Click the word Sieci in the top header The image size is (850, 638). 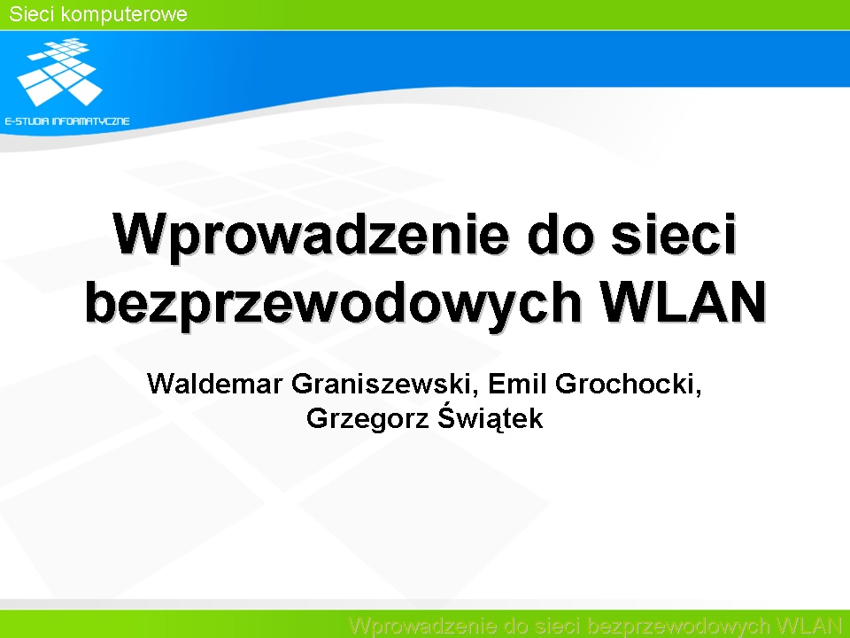click(32, 14)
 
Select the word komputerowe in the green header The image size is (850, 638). click(124, 15)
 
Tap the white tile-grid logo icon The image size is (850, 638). click(60, 72)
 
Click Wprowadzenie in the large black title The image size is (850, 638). click(311, 235)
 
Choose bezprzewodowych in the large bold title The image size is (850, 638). click(334, 303)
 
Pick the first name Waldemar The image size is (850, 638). click(215, 384)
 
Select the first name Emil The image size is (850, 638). click(517, 383)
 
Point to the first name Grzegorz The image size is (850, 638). click(367, 420)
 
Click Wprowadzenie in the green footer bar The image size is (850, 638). click(423, 626)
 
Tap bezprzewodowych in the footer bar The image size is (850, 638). click(679, 626)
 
